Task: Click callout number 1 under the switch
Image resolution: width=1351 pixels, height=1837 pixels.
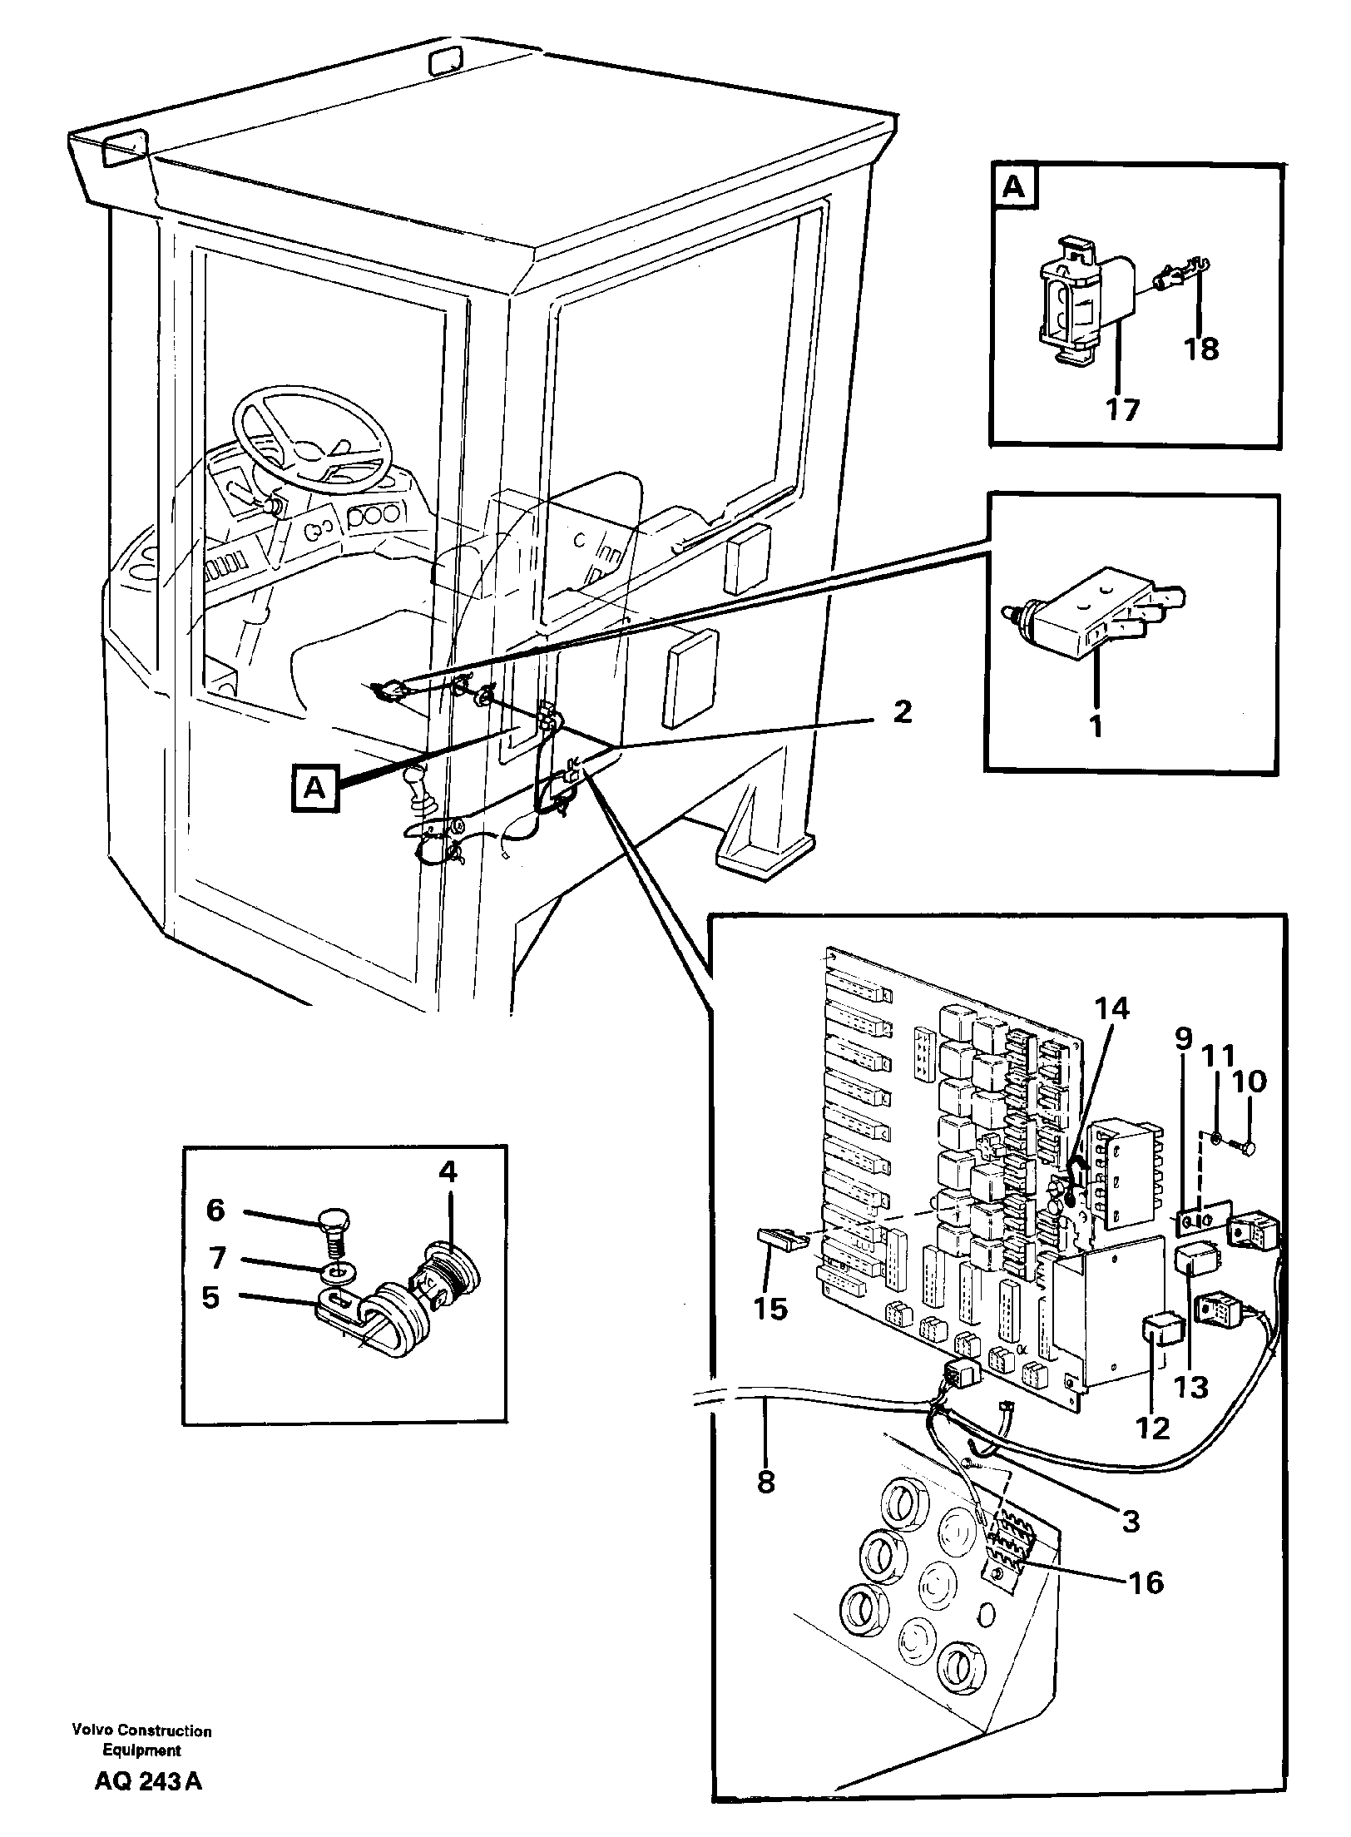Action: click(1096, 726)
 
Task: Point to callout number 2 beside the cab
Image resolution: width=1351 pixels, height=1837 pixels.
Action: click(902, 712)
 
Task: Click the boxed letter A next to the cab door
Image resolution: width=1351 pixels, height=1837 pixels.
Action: click(314, 787)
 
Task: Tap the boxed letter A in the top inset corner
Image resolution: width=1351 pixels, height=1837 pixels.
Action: click(1014, 188)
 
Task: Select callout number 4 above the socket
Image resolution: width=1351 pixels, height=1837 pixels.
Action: click(448, 1172)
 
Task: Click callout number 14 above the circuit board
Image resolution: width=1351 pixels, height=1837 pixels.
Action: click(1112, 1009)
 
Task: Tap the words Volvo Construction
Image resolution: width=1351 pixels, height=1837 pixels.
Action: click(141, 1724)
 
